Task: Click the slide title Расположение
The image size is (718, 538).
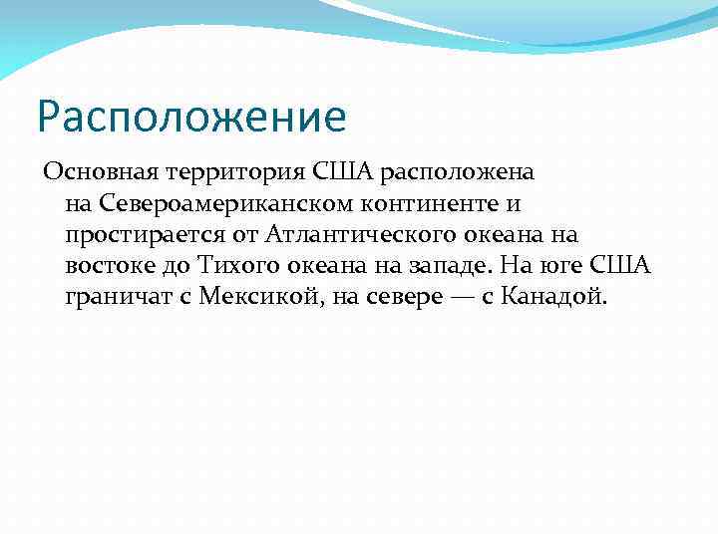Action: point(191,116)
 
